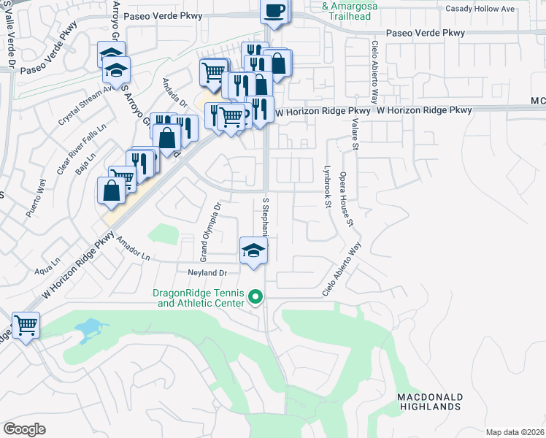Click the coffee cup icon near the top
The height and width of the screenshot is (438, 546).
274,10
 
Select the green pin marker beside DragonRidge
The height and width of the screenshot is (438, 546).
255,296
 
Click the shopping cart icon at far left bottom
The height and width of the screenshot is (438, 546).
26,325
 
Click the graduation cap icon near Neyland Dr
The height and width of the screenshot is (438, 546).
253,251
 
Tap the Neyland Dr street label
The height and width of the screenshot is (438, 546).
208,272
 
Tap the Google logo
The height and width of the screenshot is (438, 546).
24,429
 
